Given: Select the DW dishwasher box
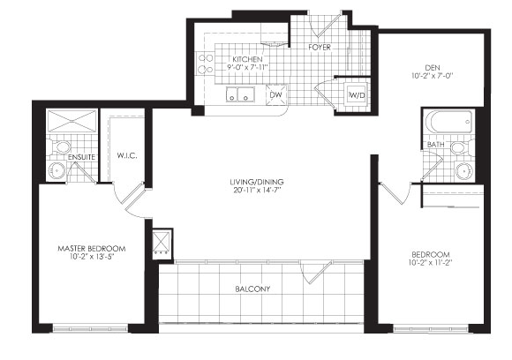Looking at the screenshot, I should [275, 94].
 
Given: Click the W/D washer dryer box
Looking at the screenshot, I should [357, 95].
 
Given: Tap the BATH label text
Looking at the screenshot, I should [435, 145].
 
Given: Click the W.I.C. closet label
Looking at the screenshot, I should [126, 157].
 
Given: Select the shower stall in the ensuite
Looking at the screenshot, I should [71, 120].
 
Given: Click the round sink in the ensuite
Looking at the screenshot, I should [56, 170].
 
